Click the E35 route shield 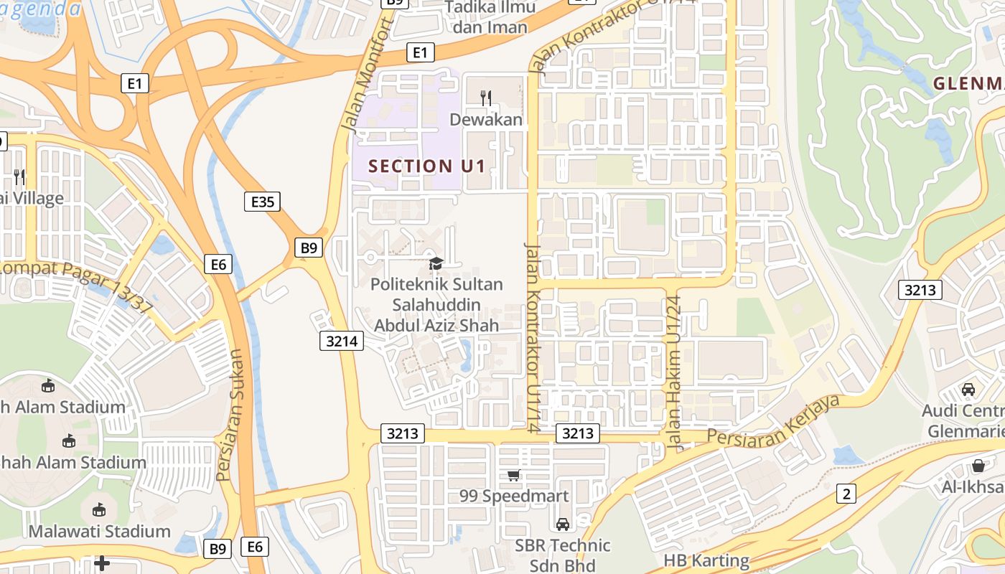click(x=262, y=202)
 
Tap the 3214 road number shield click(x=342, y=341)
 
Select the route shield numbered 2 click(x=846, y=494)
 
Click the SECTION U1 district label click(x=426, y=166)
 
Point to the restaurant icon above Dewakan click(x=486, y=98)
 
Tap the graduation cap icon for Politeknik click(x=436, y=264)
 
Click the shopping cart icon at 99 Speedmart click(x=513, y=476)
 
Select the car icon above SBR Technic click(x=563, y=524)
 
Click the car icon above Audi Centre click(x=968, y=390)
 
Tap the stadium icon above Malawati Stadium click(x=100, y=510)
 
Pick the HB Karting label click(x=706, y=560)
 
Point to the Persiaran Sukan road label click(x=231, y=415)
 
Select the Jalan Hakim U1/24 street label click(x=674, y=372)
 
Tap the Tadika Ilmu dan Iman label click(x=490, y=18)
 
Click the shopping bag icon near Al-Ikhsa click(x=978, y=466)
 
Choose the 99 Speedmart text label click(x=514, y=496)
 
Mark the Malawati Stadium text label click(x=100, y=532)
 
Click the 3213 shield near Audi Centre click(x=920, y=290)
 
